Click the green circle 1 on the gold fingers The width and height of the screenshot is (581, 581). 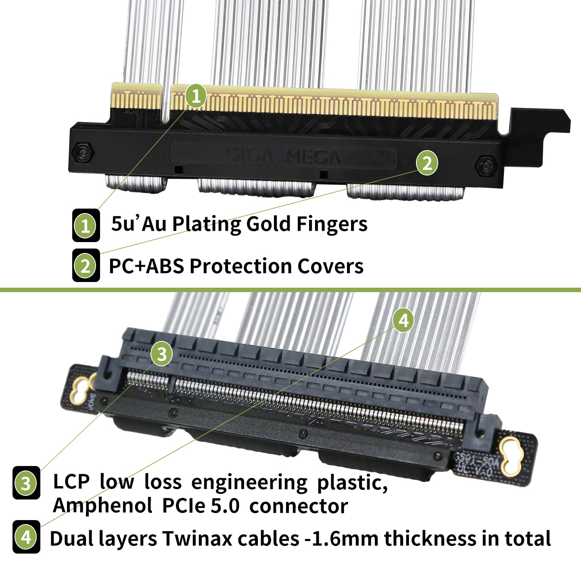(x=196, y=96)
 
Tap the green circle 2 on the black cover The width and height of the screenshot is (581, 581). (x=427, y=163)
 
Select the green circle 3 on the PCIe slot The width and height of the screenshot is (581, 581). (x=161, y=354)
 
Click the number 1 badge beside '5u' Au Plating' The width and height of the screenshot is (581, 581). (x=86, y=225)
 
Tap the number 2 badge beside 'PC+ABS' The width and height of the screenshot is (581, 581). (x=86, y=265)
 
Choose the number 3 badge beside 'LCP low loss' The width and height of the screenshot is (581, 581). (x=26, y=483)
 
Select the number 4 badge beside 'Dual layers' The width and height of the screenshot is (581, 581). (x=26, y=537)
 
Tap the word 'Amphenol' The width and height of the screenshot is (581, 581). (x=102, y=506)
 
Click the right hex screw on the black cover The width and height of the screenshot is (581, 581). (x=484, y=165)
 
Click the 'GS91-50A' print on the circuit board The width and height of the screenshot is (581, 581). (x=476, y=459)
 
